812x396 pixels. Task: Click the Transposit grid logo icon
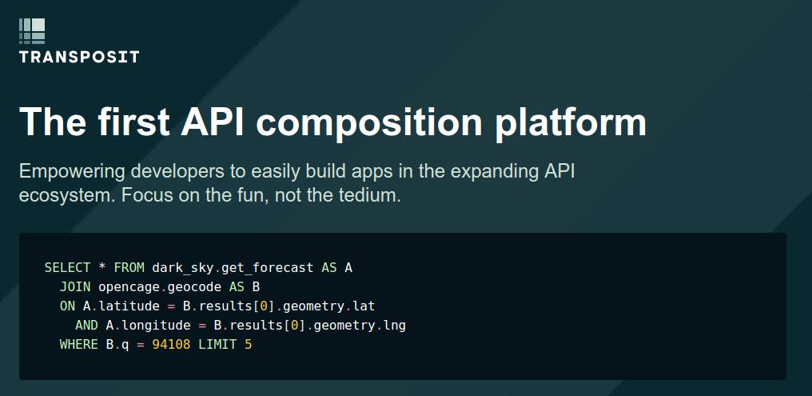coord(32,31)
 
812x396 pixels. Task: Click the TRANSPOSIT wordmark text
coord(79,57)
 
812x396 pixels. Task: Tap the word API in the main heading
coord(213,122)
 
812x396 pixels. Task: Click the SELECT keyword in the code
coord(67,267)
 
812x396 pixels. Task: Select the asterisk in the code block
coord(102,267)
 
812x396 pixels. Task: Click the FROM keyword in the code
coord(129,267)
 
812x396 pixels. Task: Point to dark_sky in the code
coord(183,268)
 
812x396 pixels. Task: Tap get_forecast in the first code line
coord(267,268)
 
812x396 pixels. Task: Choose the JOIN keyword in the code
coord(75,286)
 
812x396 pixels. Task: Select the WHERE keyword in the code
coord(78,344)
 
